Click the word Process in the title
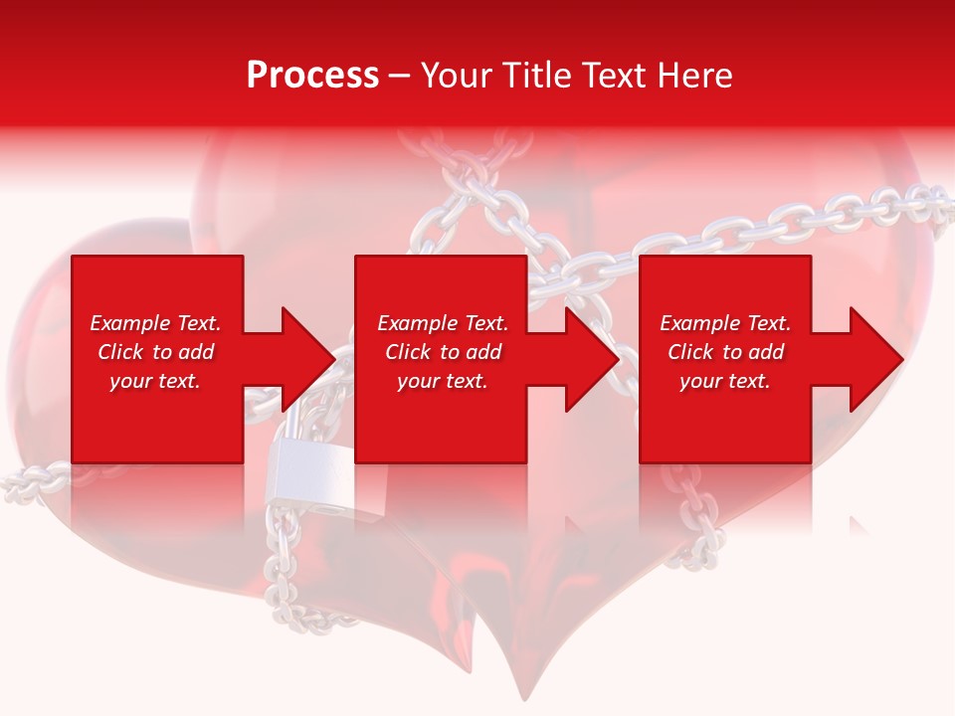point(312,76)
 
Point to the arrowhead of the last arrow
point(871,359)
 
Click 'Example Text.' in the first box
point(155,323)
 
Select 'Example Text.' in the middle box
point(443,323)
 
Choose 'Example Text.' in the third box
point(725,323)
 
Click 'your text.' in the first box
point(155,381)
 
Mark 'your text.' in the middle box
point(443,381)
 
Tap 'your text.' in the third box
point(725,381)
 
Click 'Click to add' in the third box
point(725,352)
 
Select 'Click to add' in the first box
point(155,352)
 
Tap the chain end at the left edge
point(15,485)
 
